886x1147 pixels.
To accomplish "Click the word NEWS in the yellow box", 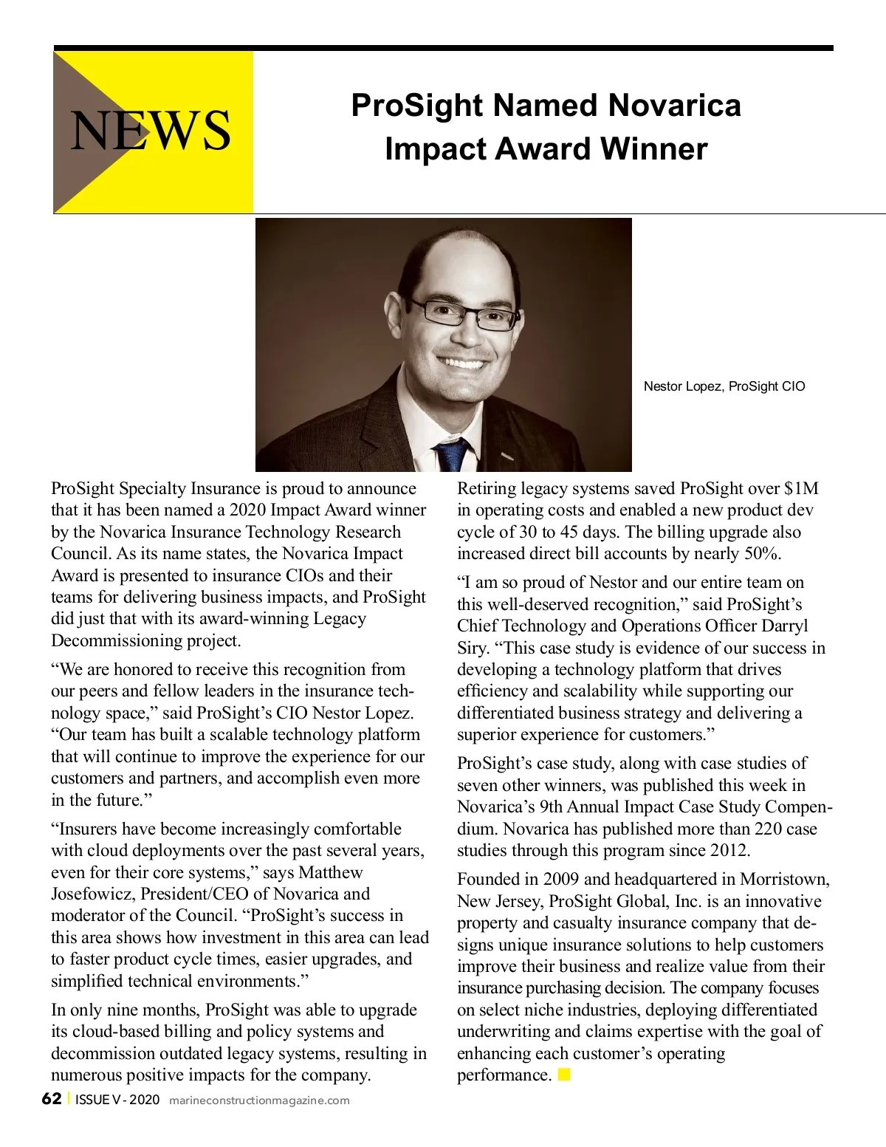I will [151, 131].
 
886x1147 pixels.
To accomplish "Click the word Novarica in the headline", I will [674, 105].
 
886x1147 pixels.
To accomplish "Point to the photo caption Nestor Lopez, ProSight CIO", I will [724, 386].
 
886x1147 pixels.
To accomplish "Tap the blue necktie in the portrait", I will [453, 452].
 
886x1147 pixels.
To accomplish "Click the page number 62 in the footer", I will [52, 1099].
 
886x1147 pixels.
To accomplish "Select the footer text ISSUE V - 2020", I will [117, 1100].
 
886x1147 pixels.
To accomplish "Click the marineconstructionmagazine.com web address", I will [259, 1100].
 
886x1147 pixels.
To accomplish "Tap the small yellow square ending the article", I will [564, 1075].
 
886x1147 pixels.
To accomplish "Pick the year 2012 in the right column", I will [729, 850].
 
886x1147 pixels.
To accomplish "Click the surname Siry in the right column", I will [471, 648].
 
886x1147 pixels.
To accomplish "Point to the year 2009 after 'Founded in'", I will [561, 879].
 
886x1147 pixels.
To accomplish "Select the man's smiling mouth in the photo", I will [461, 363].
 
